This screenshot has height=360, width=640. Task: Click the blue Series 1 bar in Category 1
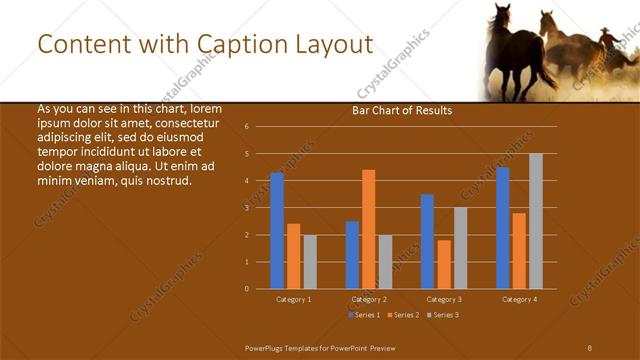(x=277, y=231)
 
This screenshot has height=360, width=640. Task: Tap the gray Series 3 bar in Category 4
(x=536, y=221)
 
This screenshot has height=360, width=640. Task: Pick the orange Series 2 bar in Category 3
(x=444, y=264)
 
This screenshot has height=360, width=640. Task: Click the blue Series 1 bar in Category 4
(x=503, y=228)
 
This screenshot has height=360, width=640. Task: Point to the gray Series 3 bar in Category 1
(x=310, y=262)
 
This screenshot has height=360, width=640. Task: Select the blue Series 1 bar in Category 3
(x=427, y=241)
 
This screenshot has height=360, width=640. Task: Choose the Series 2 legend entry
(x=402, y=315)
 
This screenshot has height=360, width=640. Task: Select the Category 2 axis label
(x=368, y=299)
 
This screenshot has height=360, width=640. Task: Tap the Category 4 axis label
(x=519, y=299)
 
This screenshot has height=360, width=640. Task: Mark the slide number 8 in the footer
(x=589, y=346)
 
